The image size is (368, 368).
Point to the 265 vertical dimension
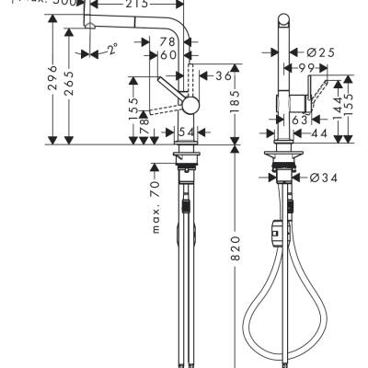(72, 86)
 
